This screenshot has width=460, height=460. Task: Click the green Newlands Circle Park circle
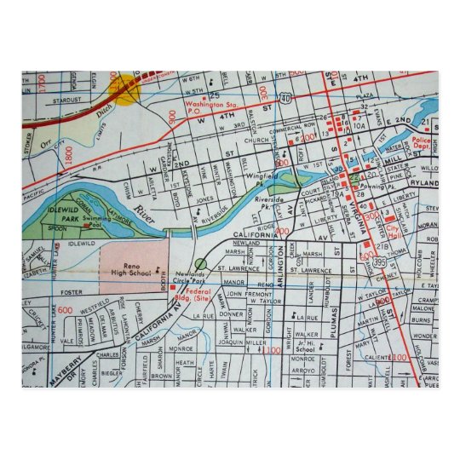pyautogui.click(x=200, y=264)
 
